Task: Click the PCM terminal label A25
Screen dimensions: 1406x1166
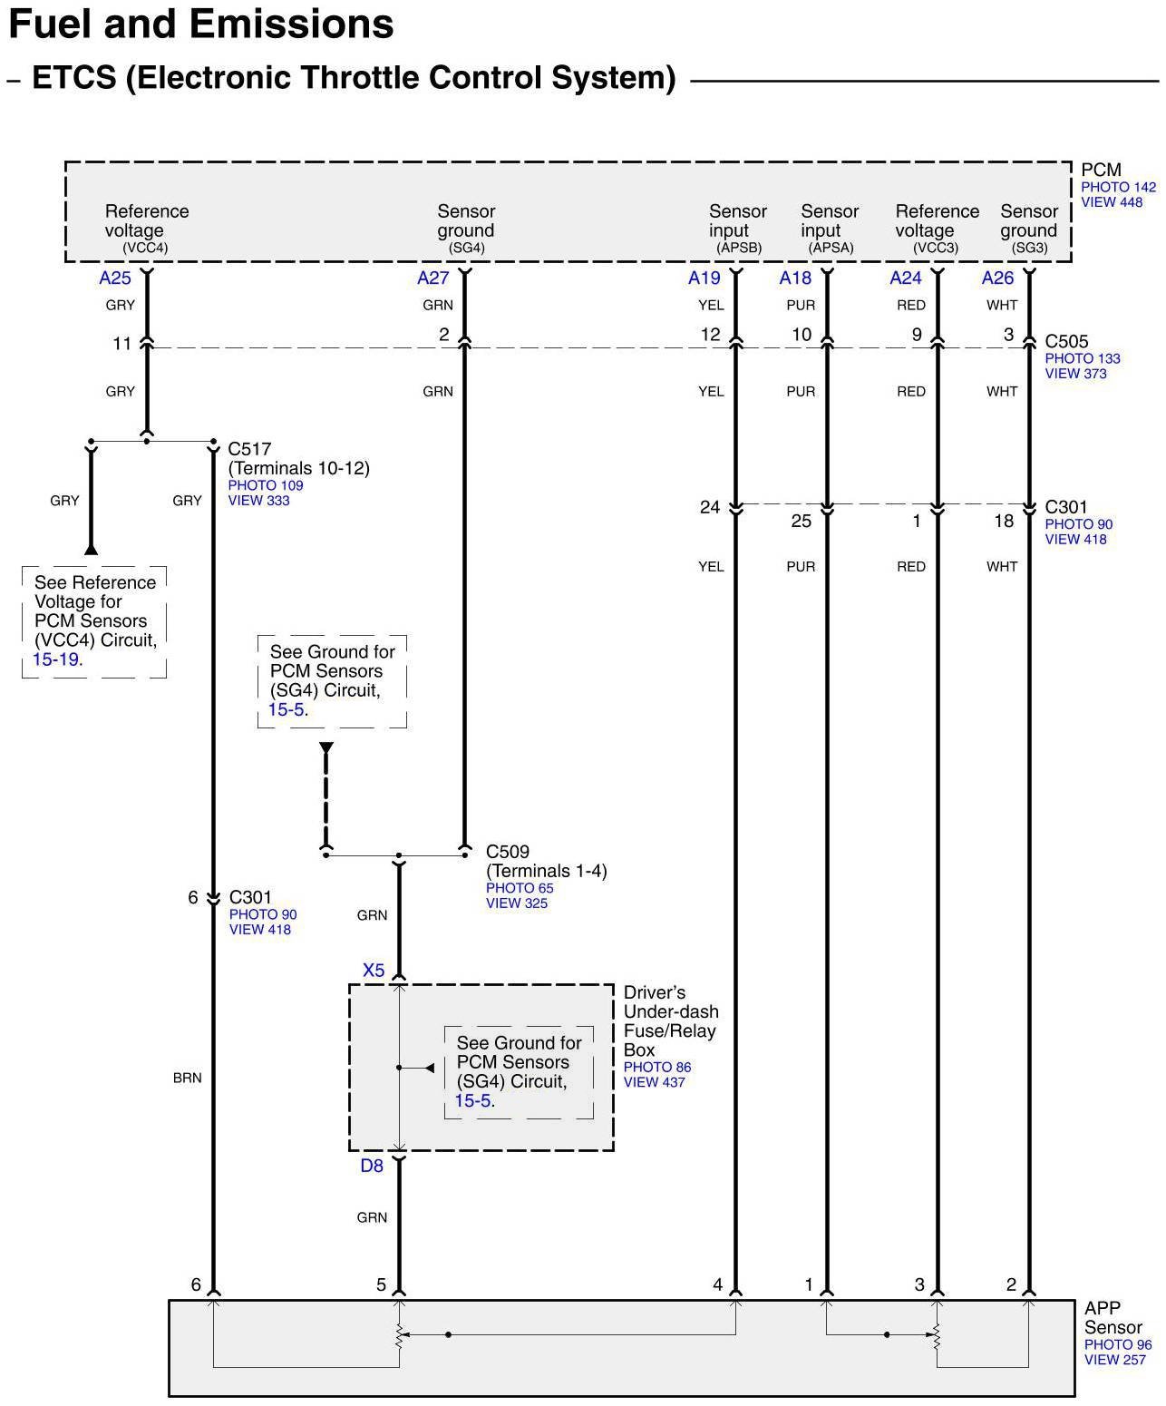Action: click(115, 278)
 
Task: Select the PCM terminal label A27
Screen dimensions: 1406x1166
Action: click(432, 278)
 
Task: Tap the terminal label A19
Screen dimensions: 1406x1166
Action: click(704, 278)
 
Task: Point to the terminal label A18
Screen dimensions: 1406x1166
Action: click(795, 278)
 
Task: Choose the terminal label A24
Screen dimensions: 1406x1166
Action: click(906, 278)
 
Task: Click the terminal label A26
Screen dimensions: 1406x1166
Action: click(997, 278)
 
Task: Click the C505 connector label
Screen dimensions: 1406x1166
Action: click(1066, 342)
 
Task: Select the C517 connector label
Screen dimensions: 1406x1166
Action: click(249, 449)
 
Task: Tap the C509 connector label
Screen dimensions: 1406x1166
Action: click(508, 852)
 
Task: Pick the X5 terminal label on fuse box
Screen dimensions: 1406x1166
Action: click(374, 971)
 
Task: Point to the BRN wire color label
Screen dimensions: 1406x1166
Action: click(187, 1079)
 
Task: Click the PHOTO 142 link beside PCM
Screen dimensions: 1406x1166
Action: click(1118, 188)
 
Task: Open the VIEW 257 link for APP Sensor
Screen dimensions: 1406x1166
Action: click(1115, 1360)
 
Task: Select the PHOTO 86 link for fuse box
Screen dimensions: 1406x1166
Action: click(656, 1068)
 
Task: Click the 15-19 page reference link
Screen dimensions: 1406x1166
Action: click(55, 659)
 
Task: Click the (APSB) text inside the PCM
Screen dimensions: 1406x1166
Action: click(739, 248)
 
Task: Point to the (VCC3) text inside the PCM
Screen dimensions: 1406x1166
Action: click(935, 248)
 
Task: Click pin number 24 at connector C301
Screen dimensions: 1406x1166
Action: click(710, 507)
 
